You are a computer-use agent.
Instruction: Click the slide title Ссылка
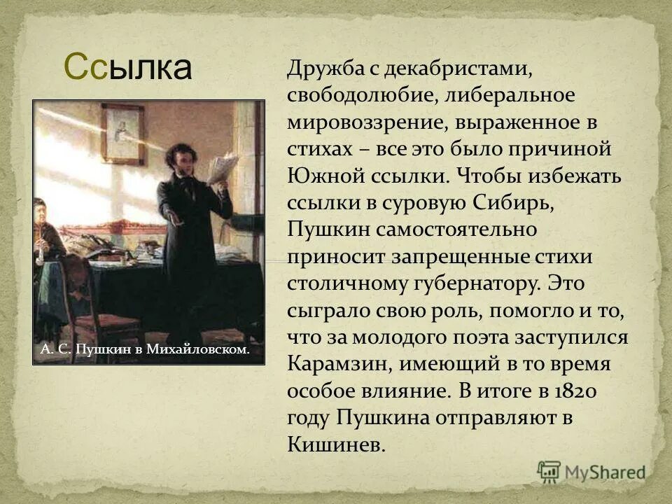tap(127, 67)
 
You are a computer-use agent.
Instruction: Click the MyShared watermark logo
tap(591, 472)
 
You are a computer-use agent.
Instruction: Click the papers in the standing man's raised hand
tap(223, 167)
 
